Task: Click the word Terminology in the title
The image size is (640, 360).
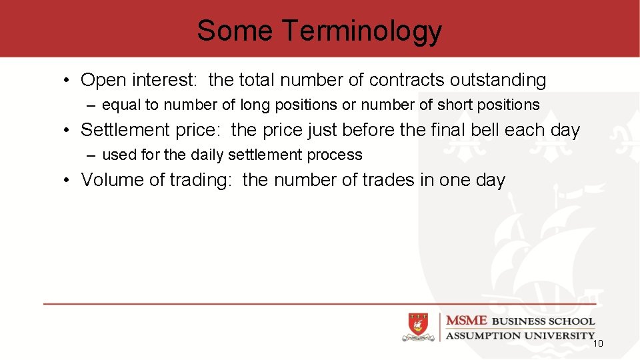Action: tap(361, 31)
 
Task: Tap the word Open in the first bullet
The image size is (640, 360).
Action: tap(103, 81)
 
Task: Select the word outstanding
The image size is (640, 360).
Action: tap(497, 81)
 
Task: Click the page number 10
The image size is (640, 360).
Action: tap(597, 344)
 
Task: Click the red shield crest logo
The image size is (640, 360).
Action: tap(417, 327)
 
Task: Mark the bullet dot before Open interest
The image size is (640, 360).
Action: tap(68, 81)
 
